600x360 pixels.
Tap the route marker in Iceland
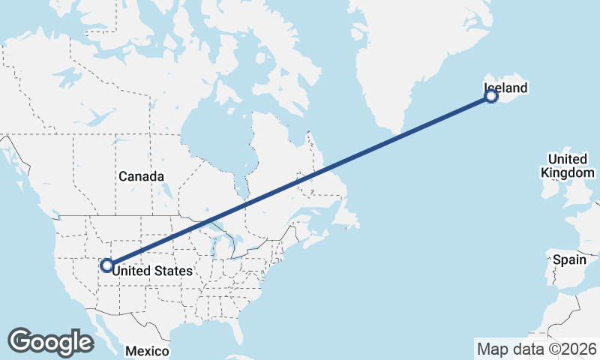[x=491, y=96]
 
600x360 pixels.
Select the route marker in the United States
[x=106, y=265]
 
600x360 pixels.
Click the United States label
[x=152, y=271]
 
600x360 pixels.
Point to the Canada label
[x=140, y=176]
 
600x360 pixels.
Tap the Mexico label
[x=147, y=351]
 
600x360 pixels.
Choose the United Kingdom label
[x=568, y=166]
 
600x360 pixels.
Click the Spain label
[x=568, y=259]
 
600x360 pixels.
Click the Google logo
[x=50, y=342]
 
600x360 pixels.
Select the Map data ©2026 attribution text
[x=536, y=349]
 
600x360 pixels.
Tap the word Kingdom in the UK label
[x=568, y=172]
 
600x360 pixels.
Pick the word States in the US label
[x=174, y=271]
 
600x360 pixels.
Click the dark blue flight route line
[x=300, y=180]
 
